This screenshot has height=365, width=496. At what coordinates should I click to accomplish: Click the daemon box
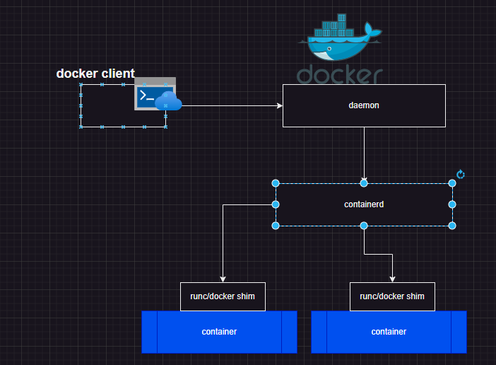tap(364, 105)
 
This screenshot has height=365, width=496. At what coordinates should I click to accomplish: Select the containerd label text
tap(364, 204)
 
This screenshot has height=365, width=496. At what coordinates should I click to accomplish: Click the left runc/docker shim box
tap(223, 296)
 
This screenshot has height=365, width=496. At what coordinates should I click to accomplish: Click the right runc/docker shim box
tap(392, 296)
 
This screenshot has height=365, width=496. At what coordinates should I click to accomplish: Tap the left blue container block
tap(219, 331)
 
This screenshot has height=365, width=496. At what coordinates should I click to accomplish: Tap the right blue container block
tap(389, 331)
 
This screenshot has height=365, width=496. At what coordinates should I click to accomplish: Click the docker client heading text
tap(95, 74)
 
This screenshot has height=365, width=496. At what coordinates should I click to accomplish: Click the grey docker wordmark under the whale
tap(340, 75)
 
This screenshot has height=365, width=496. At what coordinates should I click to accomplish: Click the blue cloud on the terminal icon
tap(170, 102)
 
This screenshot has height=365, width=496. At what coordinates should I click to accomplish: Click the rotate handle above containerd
tap(461, 174)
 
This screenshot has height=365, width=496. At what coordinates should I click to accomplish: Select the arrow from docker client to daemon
tap(226, 106)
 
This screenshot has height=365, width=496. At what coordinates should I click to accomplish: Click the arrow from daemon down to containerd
tap(364, 152)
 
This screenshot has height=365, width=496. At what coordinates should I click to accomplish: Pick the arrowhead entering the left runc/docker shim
tap(223, 279)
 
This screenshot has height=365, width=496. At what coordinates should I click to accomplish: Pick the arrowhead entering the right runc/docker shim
tap(392, 279)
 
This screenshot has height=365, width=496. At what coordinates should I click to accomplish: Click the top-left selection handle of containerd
tap(276, 183)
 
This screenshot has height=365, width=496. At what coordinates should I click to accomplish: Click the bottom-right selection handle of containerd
tap(452, 226)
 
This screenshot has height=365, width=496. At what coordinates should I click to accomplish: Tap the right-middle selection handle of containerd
tap(452, 204)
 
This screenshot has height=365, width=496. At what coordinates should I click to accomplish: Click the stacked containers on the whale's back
tap(337, 27)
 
